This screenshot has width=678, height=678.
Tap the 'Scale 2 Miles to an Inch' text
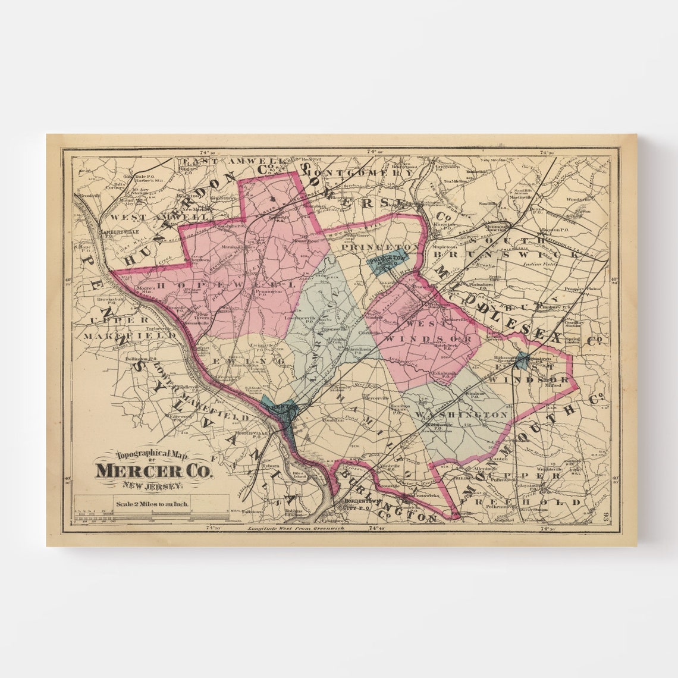152,504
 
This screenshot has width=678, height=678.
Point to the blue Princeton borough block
388,261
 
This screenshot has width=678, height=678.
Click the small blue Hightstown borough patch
522,358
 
